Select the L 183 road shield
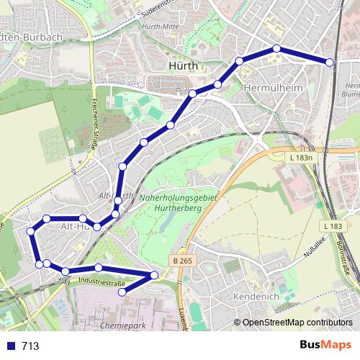333,225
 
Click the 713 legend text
30,346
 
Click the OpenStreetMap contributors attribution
297,322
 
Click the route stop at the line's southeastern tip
154,275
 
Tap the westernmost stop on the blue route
31,231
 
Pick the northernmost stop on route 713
276,48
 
